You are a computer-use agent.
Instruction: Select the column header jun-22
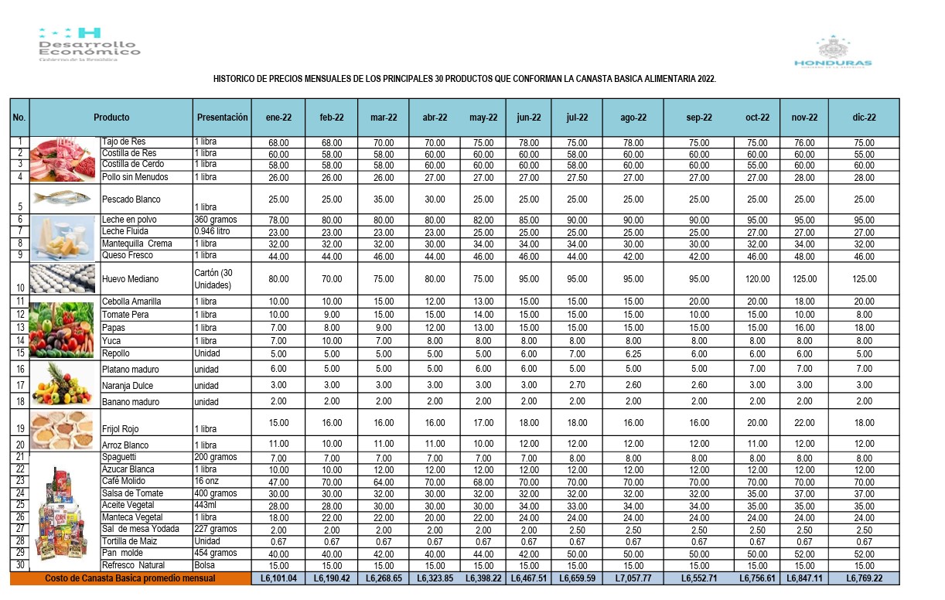click(529, 118)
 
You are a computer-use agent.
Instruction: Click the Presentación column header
click(223, 118)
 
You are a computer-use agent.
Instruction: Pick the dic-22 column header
click(864, 118)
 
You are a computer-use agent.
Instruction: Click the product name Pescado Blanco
click(131, 199)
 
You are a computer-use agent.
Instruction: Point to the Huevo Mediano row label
click(130, 279)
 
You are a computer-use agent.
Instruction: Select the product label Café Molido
click(123, 481)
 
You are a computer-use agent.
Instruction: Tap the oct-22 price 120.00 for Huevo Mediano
click(758, 279)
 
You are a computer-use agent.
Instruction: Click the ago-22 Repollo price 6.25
click(633, 353)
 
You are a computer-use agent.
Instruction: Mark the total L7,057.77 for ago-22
click(633, 578)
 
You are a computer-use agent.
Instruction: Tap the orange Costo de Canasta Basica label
click(130, 578)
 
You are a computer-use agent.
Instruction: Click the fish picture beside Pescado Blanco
click(64, 197)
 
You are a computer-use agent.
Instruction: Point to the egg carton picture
click(64, 278)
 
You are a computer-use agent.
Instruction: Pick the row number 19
click(19, 429)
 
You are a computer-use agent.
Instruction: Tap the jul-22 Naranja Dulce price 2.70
click(577, 385)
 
